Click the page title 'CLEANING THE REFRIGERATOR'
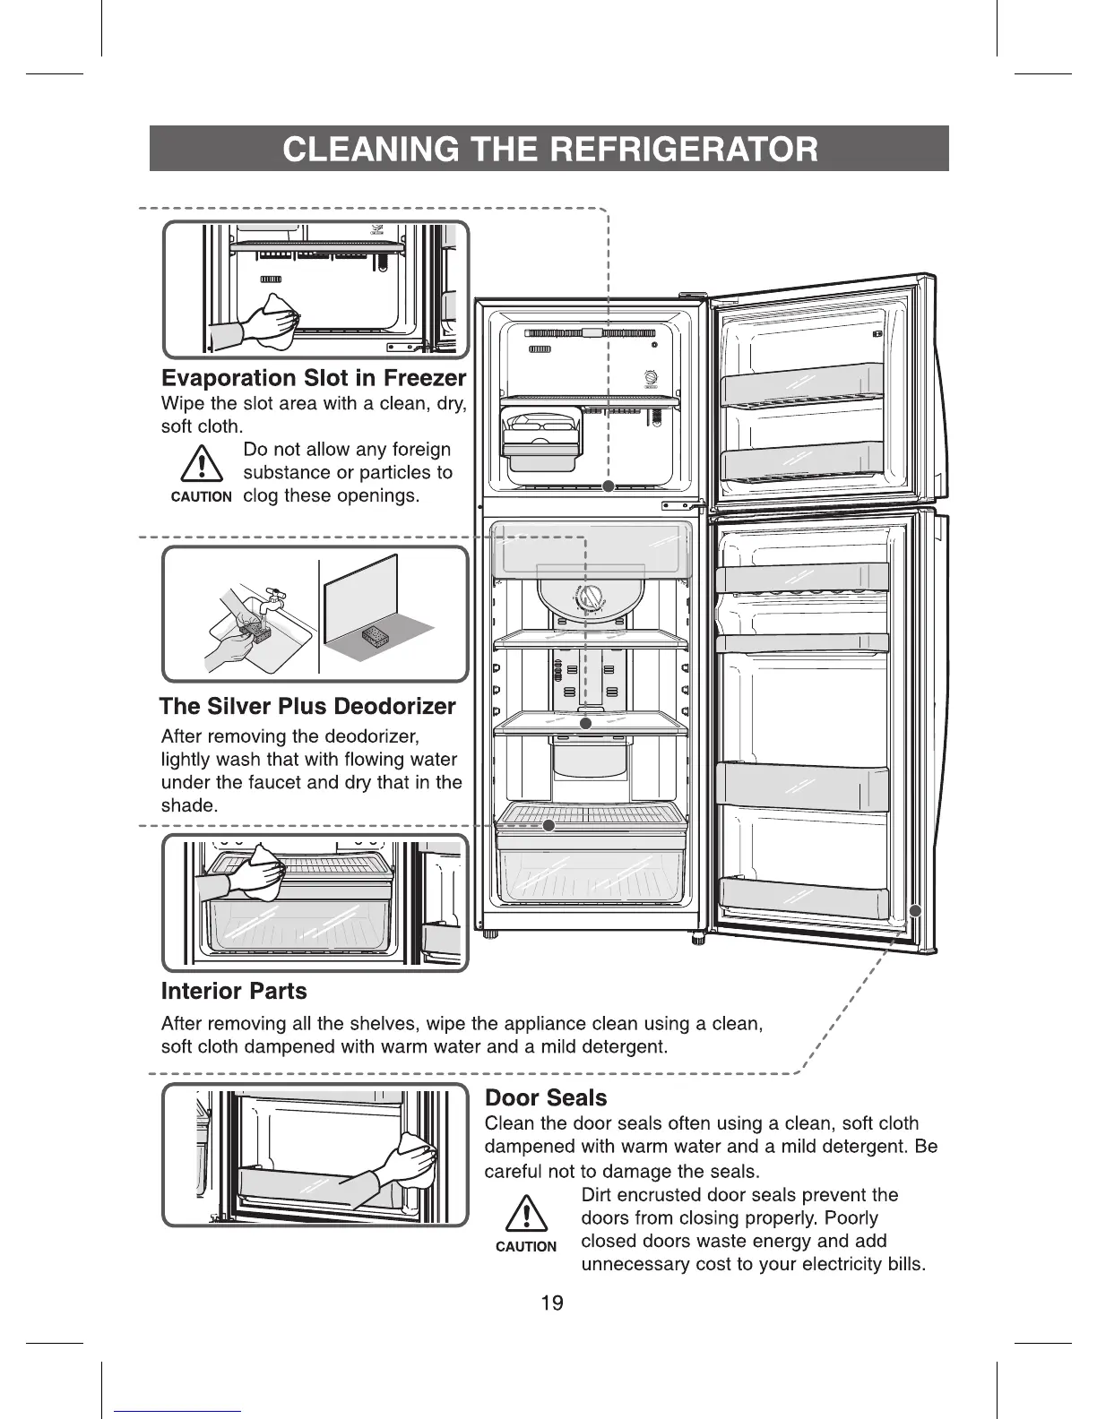click(x=548, y=149)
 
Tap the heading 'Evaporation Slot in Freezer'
click(x=314, y=378)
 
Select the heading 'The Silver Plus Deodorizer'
click(x=307, y=706)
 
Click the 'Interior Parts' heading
click(x=233, y=991)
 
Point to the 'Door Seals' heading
click(x=545, y=1097)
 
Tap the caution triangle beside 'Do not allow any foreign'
click(x=201, y=466)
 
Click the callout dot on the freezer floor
click(x=608, y=486)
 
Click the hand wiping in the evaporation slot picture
click(x=269, y=319)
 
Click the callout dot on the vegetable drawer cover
click(x=549, y=825)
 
